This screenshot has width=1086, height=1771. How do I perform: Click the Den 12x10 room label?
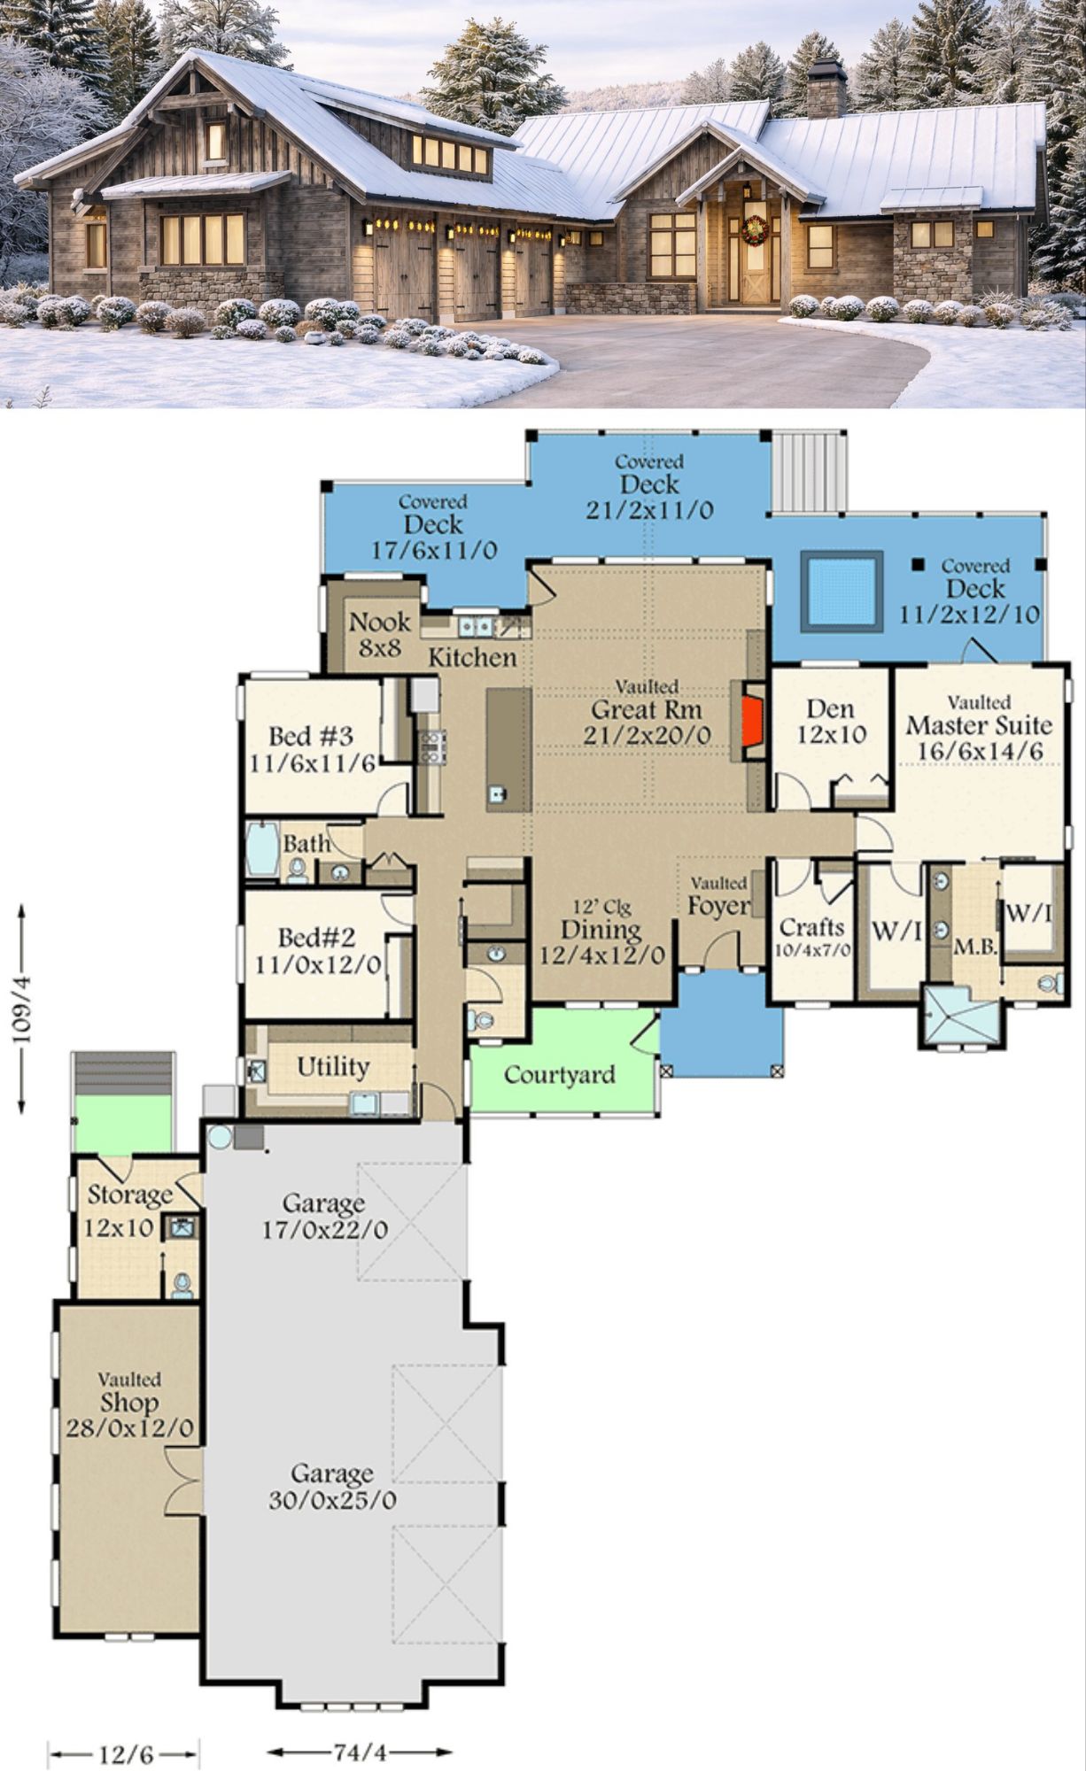pyautogui.click(x=831, y=722)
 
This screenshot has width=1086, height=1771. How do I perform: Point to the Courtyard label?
pyautogui.click(x=559, y=1075)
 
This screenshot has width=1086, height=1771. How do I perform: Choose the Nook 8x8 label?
pyautogui.click(x=380, y=634)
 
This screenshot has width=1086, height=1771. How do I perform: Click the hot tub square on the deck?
pyautogui.click(x=842, y=591)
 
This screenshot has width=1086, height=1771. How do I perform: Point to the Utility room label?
pyautogui.click(x=333, y=1066)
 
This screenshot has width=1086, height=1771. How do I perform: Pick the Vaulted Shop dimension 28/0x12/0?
pyautogui.click(x=129, y=1428)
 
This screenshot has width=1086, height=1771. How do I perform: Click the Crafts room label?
pyautogui.click(x=812, y=927)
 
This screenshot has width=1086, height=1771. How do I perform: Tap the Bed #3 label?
pyautogui.click(x=311, y=735)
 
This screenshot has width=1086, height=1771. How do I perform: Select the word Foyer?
pyautogui.click(x=718, y=906)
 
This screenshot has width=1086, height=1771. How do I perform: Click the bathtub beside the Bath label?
pyautogui.click(x=262, y=849)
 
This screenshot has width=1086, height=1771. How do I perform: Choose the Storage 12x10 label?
pyautogui.click(x=129, y=1210)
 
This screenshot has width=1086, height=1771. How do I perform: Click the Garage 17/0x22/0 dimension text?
pyautogui.click(x=324, y=1230)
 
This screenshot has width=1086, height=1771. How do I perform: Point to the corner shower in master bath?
pyautogui.click(x=963, y=1017)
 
